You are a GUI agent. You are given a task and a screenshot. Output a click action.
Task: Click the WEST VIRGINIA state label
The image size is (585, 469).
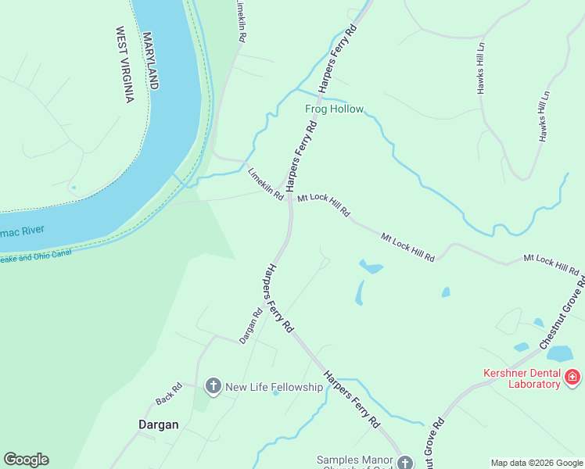(x=125, y=65)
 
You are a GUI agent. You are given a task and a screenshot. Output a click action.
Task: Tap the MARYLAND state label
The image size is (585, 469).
(x=150, y=61)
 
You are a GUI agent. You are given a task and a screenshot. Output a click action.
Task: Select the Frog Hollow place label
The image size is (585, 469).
(x=334, y=109)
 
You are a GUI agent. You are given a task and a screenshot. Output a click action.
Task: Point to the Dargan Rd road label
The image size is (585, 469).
(x=250, y=324)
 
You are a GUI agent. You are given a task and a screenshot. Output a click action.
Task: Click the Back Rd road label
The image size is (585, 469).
(x=168, y=393)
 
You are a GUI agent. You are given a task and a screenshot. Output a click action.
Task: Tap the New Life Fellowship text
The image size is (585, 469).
(x=274, y=387)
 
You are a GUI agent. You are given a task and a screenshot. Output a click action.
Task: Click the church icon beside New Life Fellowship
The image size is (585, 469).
(x=213, y=386)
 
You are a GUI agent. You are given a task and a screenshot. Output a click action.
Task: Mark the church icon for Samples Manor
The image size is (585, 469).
(x=404, y=463)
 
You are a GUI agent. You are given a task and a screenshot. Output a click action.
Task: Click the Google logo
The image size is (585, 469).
(x=26, y=460)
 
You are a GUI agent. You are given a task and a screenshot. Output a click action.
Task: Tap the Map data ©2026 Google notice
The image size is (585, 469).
(x=536, y=463)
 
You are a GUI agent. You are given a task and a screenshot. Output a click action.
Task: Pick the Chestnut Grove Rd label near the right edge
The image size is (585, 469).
(x=562, y=312)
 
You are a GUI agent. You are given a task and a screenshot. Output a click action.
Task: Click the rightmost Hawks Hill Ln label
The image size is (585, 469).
(x=544, y=116)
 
